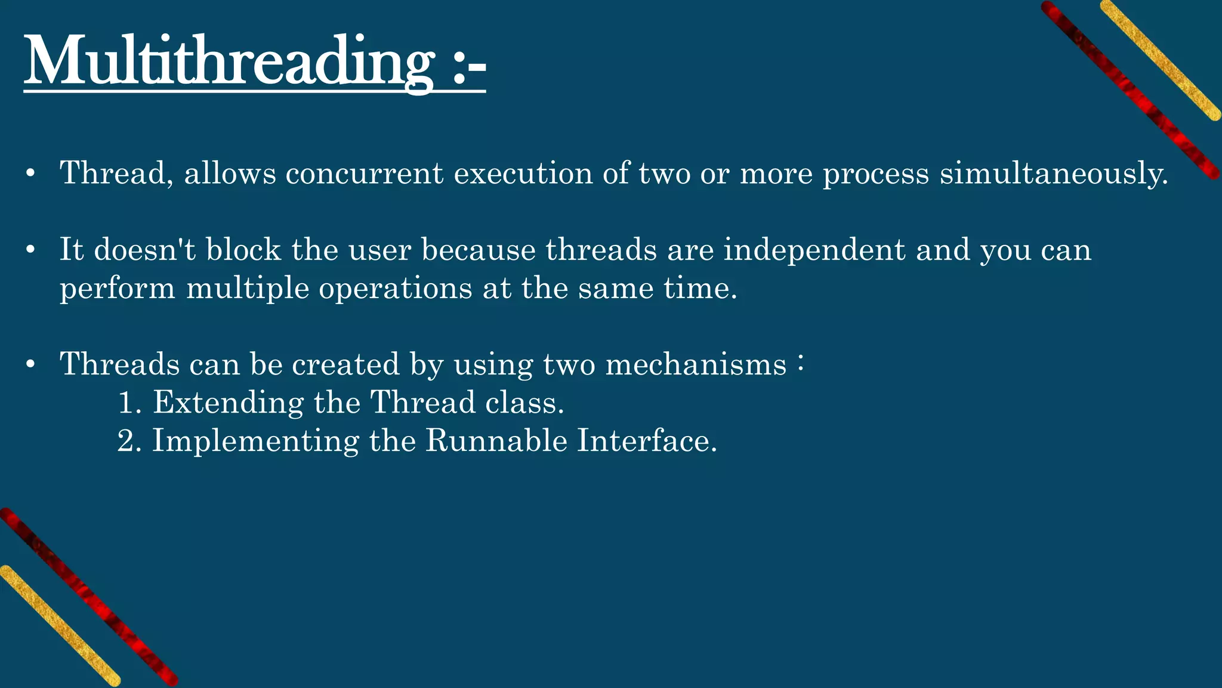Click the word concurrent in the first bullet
[365, 174]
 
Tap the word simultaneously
[1053, 174]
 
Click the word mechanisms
[696, 364]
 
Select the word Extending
[228, 403]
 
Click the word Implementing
[255, 441]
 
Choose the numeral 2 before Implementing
[126, 441]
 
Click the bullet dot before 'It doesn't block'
[31, 250]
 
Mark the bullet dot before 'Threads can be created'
[31, 365]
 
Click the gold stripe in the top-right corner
[1161, 60]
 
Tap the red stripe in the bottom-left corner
[90, 597]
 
